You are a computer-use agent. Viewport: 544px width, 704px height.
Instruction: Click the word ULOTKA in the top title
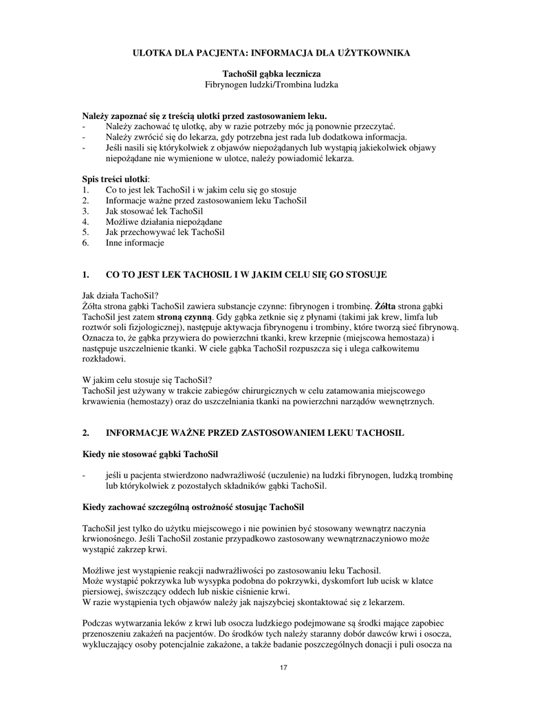point(153,52)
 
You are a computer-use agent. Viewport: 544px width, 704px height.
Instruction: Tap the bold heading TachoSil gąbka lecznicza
point(272,74)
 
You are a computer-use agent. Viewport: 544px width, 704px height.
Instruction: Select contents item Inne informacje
point(135,243)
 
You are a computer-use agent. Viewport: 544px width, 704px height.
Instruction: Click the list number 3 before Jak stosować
point(85,211)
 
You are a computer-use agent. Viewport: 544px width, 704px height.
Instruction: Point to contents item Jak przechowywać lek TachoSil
point(165,232)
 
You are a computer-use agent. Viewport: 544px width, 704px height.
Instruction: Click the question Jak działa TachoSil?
point(120,295)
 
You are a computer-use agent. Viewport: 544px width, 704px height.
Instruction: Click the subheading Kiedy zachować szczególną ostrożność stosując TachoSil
point(193,507)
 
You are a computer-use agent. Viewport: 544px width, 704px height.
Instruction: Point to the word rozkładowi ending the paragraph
point(103,359)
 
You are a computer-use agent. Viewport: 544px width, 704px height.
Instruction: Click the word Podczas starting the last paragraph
point(98,623)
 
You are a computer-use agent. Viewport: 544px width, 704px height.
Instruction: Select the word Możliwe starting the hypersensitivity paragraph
point(98,571)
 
